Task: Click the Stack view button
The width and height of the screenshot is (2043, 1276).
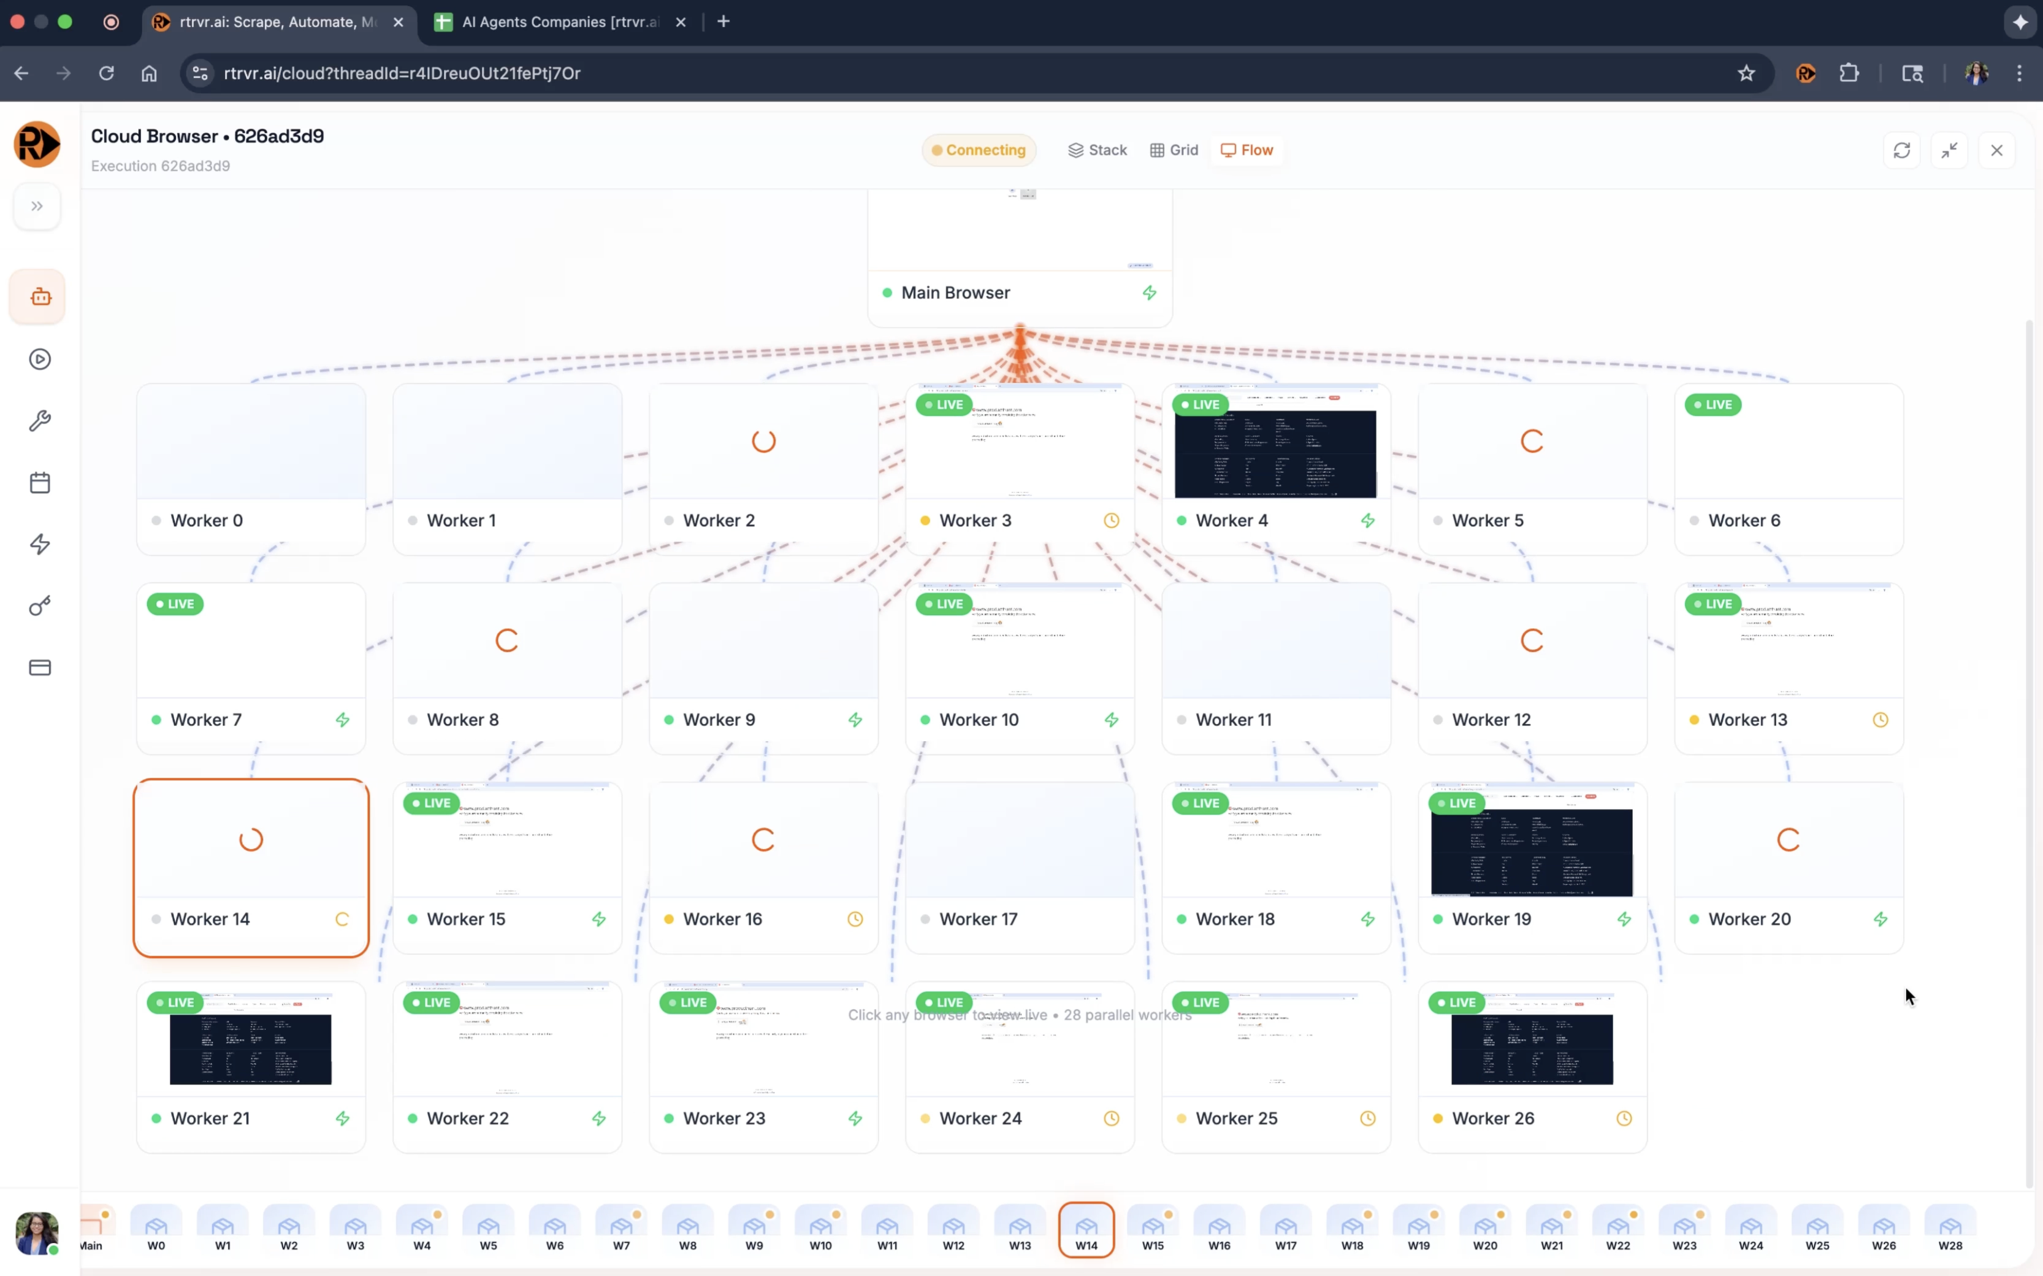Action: tap(1098, 150)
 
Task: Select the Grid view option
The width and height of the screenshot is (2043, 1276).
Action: tap(1174, 150)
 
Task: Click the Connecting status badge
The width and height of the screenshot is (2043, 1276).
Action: tap(979, 150)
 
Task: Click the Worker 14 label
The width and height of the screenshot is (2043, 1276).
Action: tap(210, 919)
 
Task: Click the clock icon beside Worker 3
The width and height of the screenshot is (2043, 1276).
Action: tap(1112, 521)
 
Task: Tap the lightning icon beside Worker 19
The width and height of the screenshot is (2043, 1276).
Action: tap(1624, 919)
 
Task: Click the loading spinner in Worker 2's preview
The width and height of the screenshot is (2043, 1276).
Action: tap(763, 441)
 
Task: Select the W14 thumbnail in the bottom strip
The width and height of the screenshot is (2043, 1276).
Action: tap(1086, 1229)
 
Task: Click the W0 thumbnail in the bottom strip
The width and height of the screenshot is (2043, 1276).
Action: tap(156, 1229)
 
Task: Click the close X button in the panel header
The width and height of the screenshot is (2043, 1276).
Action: tap(1996, 150)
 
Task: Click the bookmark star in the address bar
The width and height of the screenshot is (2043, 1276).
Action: tap(1746, 74)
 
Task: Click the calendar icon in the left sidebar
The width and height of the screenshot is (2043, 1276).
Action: tap(40, 483)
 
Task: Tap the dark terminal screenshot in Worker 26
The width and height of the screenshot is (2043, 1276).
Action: tap(1532, 1049)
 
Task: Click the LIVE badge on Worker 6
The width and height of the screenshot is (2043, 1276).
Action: tap(1713, 405)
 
